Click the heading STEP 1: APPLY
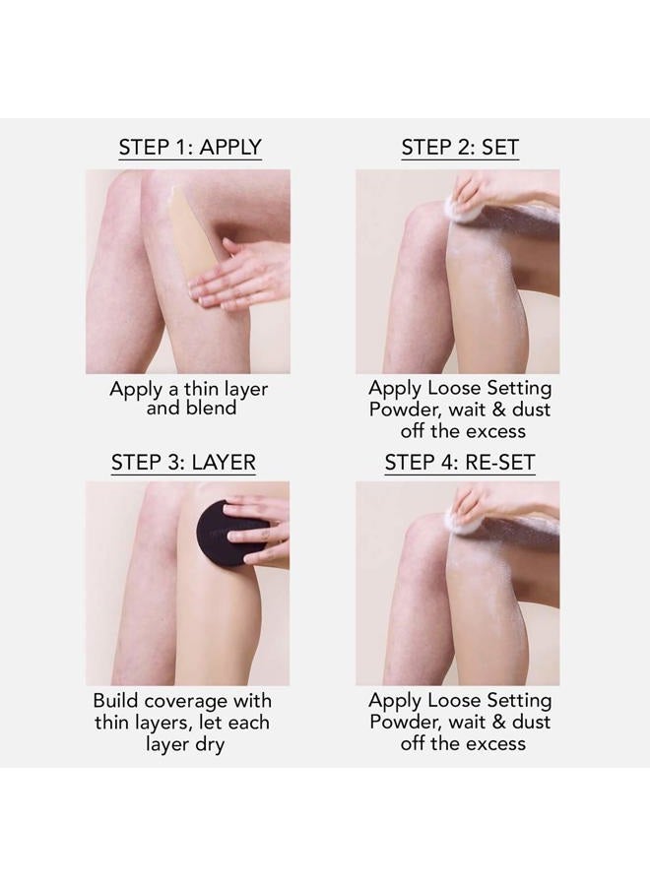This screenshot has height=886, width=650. [189, 148]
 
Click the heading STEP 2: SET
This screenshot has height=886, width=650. [460, 148]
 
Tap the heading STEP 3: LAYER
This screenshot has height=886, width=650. [183, 462]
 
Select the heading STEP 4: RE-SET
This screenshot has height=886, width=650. [460, 462]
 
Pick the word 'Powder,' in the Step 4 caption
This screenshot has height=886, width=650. [402, 722]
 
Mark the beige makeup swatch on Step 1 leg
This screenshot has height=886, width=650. [188, 236]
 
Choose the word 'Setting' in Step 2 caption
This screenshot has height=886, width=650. [517, 389]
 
